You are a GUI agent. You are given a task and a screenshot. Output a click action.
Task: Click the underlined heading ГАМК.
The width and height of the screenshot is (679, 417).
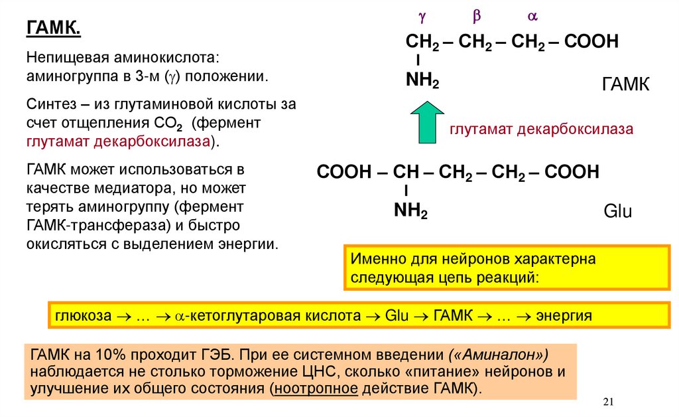click(x=54, y=29)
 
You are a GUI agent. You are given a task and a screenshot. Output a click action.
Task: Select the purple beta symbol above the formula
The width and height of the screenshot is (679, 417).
click(x=475, y=16)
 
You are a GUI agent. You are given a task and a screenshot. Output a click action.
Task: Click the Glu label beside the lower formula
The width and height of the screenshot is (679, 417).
click(x=617, y=212)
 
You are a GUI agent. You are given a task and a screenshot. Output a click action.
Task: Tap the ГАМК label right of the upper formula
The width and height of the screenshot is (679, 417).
click(x=625, y=86)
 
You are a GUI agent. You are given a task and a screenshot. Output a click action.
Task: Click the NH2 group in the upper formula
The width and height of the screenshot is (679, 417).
click(x=422, y=82)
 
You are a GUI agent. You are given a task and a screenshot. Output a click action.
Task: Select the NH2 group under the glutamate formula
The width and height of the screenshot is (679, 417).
click(x=410, y=212)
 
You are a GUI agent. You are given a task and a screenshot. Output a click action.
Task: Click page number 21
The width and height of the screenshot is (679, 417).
click(x=610, y=402)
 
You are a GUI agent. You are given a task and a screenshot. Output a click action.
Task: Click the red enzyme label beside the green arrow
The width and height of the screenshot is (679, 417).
click(x=542, y=129)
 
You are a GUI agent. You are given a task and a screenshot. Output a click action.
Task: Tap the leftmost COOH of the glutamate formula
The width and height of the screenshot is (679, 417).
click(x=344, y=173)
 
